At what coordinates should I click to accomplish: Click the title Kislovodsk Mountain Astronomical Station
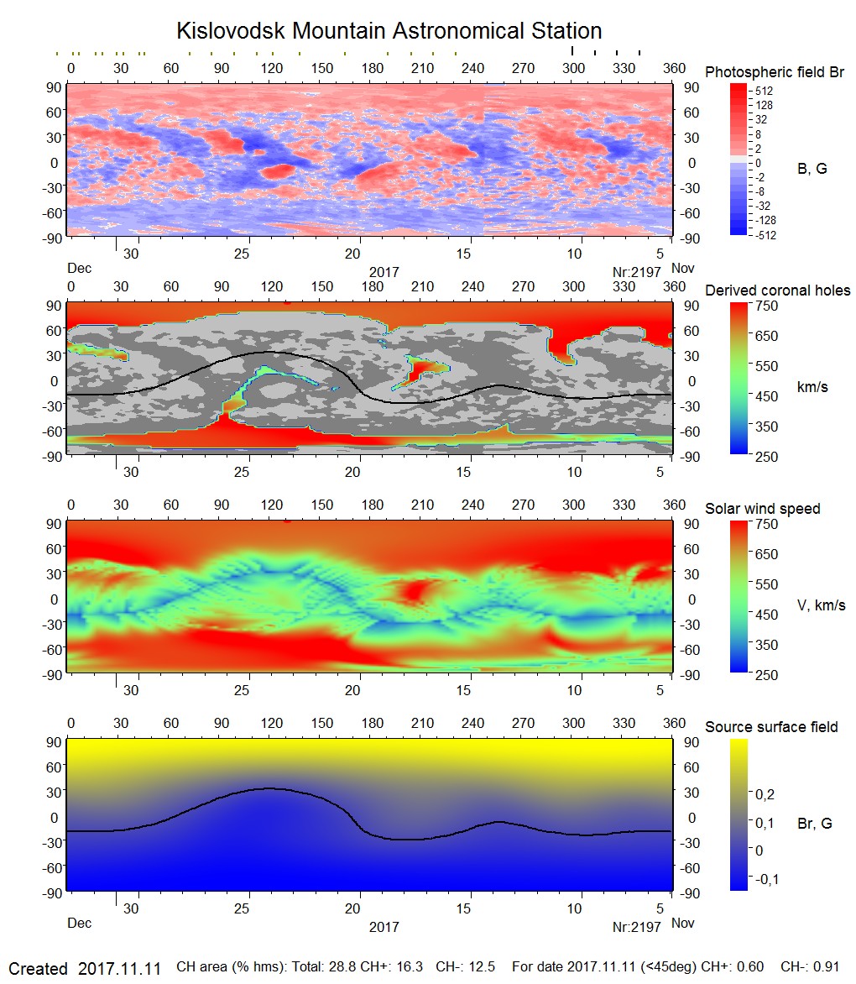click(x=389, y=31)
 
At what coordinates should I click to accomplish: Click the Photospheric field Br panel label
click(x=775, y=72)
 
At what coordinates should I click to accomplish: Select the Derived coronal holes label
click(x=777, y=290)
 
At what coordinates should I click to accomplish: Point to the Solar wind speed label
click(x=762, y=509)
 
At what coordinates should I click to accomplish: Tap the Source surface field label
click(x=771, y=727)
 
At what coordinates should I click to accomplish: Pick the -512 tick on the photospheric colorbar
click(x=765, y=236)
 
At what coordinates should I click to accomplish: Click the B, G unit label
click(x=812, y=169)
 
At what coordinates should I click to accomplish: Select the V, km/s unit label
click(x=821, y=605)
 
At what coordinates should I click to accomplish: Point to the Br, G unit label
click(x=814, y=824)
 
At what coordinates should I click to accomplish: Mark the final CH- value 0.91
click(x=825, y=968)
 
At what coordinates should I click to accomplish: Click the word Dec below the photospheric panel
click(x=79, y=269)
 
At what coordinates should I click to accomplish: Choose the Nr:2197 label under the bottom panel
click(x=637, y=927)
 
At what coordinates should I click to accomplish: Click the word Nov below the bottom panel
click(x=683, y=924)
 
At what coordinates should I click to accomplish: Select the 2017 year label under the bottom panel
click(x=384, y=927)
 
